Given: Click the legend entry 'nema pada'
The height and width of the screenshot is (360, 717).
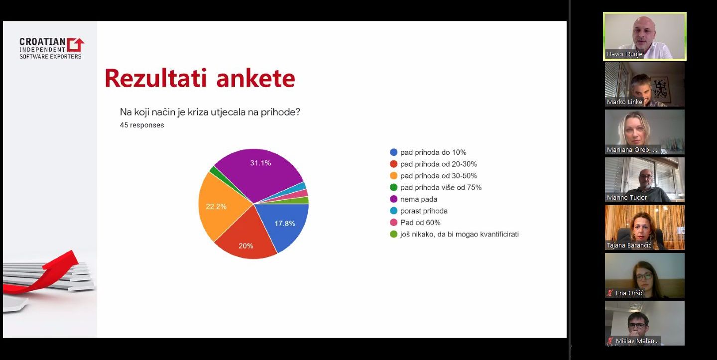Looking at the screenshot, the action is [414, 199].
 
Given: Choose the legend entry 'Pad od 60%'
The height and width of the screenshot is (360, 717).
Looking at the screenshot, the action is [415, 223].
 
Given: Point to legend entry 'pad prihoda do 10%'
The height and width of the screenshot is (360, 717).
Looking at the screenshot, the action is [428, 152].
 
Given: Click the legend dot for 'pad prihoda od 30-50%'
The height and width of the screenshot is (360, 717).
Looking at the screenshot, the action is [394, 176].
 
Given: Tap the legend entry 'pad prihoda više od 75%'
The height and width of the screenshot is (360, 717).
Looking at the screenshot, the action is [436, 188].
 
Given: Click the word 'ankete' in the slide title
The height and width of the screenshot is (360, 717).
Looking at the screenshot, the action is [255, 78].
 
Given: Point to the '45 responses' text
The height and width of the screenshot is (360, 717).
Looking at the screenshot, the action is [142, 125].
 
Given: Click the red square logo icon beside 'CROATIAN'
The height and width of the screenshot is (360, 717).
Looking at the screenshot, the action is [76, 45].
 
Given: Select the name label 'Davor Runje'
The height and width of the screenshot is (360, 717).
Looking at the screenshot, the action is [624, 54].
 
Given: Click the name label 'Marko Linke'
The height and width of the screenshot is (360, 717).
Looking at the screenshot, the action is [624, 102].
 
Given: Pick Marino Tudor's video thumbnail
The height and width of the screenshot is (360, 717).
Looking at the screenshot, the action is [645, 180].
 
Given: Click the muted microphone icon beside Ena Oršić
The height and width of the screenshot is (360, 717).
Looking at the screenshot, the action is [610, 293].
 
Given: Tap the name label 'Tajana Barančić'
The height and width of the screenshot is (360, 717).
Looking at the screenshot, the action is [629, 245].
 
